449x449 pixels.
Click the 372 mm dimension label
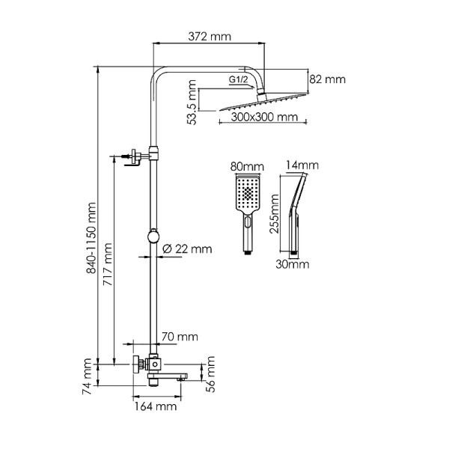pos(210,36)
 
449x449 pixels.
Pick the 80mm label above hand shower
pos(247,166)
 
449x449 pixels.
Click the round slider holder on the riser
pos(153,236)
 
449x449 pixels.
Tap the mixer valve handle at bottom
pos(137,364)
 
